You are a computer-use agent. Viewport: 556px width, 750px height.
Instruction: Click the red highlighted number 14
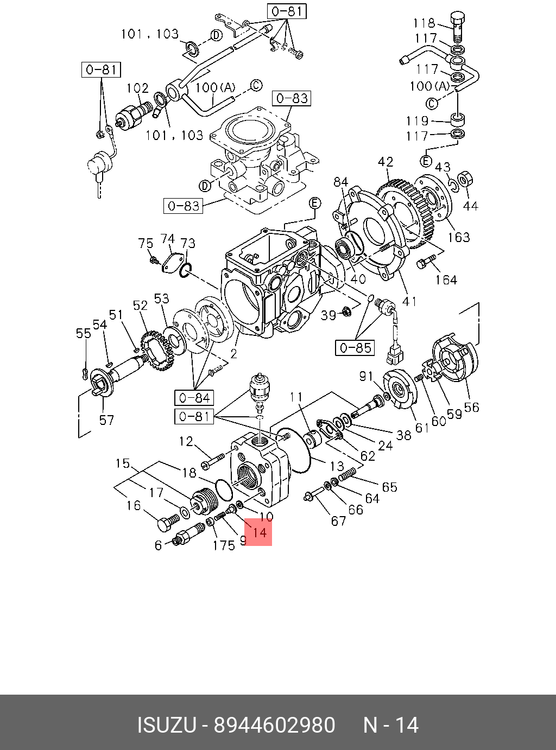258,532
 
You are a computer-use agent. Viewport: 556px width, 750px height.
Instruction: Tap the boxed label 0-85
355,347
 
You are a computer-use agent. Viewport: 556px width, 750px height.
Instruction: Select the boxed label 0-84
194,398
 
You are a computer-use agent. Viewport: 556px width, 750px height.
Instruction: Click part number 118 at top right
424,23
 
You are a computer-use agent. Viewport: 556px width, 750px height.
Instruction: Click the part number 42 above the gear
386,162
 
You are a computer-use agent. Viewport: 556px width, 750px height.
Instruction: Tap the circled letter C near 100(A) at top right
432,103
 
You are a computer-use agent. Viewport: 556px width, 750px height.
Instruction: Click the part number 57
106,420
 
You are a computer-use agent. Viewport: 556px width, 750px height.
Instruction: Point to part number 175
223,544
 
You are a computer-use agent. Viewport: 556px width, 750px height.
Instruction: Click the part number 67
338,521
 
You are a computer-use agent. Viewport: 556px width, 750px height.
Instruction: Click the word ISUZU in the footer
166,725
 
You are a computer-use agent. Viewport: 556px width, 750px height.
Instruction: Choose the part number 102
137,88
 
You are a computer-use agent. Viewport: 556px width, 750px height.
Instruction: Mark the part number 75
146,243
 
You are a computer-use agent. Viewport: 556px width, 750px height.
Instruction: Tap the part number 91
367,376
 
